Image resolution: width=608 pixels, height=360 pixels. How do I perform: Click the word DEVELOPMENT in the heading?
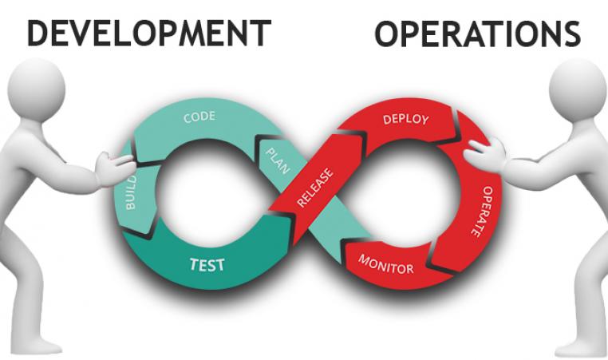click(149, 34)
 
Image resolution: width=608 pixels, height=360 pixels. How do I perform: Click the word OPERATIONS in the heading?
click(477, 34)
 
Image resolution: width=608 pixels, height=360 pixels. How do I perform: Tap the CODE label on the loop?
click(199, 117)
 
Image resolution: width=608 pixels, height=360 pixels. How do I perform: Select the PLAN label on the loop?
click(278, 161)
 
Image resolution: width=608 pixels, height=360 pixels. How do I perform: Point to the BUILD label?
click(131, 192)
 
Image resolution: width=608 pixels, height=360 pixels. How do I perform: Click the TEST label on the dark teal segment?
click(207, 264)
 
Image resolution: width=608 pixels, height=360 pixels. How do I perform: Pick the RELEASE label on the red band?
click(315, 188)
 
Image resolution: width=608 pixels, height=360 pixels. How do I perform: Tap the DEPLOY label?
click(406, 119)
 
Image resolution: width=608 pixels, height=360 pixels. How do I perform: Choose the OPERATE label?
click(482, 212)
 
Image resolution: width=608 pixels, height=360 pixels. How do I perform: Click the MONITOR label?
click(386, 264)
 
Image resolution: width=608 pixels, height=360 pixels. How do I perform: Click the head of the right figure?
click(578, 89)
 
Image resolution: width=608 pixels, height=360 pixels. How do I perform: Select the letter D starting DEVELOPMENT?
click(38, 34)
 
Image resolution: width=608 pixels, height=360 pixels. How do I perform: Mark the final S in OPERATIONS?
click(571, 34)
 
